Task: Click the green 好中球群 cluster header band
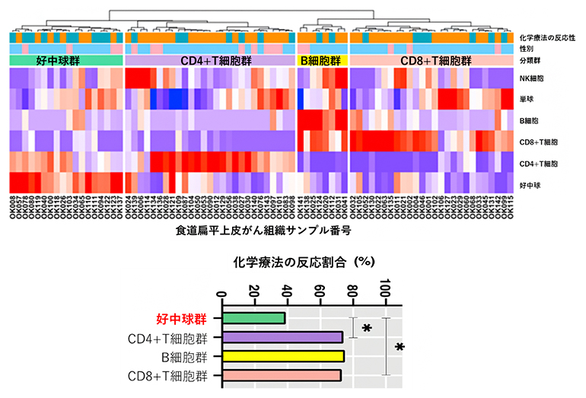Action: coord(66,60)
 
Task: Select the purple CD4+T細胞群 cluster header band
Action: coord(209,60)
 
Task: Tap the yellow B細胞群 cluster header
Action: coord(323,60)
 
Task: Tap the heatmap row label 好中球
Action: coord(527,184)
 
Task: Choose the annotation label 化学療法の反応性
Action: coord(547,37)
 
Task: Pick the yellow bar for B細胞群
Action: coord(283,356)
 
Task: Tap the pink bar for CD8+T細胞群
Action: coord(282,375)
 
